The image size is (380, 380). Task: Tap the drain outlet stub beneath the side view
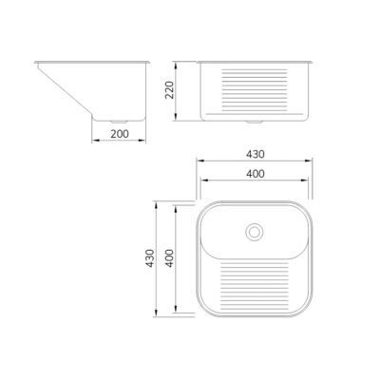(117, 123)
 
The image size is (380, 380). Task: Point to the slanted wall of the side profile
(66, 92)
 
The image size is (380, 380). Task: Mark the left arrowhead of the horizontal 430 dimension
(199, 160)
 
